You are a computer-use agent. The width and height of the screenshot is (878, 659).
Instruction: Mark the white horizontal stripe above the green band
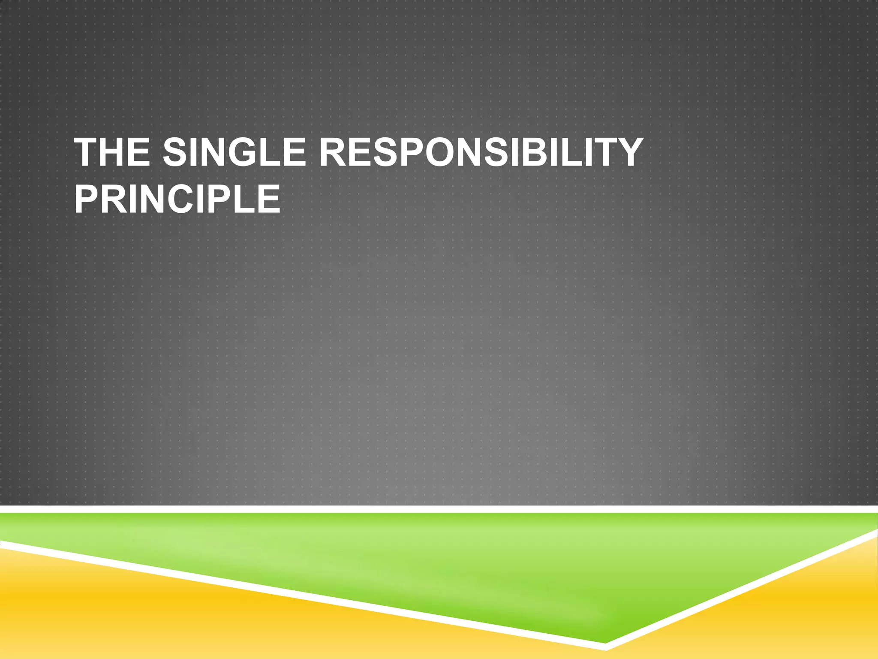[x=439, y=509]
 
